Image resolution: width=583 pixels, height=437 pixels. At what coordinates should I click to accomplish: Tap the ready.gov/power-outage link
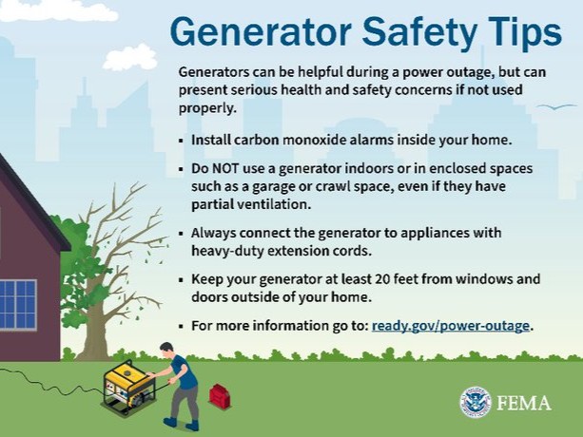pyautogui.click(x=452, y=326)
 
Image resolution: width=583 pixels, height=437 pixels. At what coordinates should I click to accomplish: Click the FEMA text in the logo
pyautogui.click(x=522, y=403)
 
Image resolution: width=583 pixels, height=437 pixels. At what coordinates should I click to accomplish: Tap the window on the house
pyautogui.click(x=17, y=305)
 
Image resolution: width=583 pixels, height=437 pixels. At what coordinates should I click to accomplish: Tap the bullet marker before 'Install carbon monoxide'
pyautogui.click(x=182, y=140)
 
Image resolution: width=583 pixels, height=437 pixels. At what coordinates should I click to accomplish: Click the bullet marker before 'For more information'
pyautogui.click(x=182, y=327)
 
